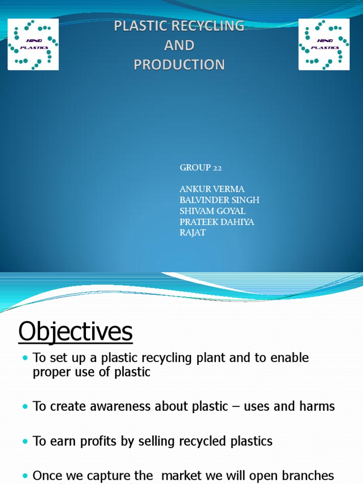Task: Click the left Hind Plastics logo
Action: pyautogui.click(x=33, y=44)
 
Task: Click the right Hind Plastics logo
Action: pyautogui.click(x=324, y=44)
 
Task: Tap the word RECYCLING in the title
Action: pyautogui.click(x=208, y=26)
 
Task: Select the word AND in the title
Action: pyautogui.click(x=179, y=45)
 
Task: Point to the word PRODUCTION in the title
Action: pyautogui.click(x=179, y=64)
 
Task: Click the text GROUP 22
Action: pyautogui.click(x=201, y=168)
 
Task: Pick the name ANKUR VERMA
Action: pyautogui.click(x=212, y=190)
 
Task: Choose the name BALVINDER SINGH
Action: pyautogui.click(x=219, y=200)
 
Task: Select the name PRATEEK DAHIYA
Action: pyautogui.click(x=217, y=222)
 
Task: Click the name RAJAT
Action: pyautogui.click(x=193, y=233)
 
